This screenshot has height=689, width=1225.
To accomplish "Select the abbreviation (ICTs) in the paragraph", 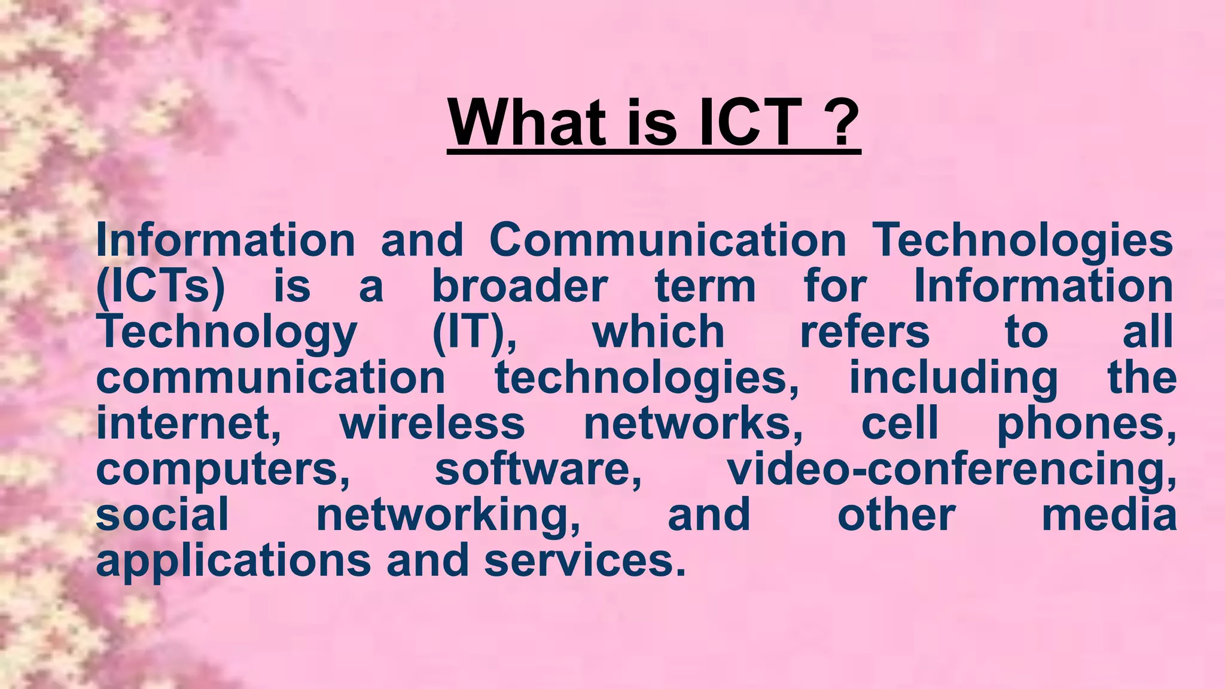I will click(x=160, y=286).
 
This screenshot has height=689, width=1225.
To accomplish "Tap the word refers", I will click(x=865, y=332).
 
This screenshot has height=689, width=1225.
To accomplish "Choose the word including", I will click(x=953, y=379).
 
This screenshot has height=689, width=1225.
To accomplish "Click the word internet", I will click(x=188, y=423).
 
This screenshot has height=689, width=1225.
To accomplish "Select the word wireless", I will click(x=432, y=423).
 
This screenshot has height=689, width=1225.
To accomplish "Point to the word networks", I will click(x=693, y=423).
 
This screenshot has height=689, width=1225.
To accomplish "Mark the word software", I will click(x=538, y=470).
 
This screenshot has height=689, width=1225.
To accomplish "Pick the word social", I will click(x=162, y=515).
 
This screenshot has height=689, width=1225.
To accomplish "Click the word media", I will click(x=1109, y=515).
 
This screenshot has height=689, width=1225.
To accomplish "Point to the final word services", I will click(x=584, y=561).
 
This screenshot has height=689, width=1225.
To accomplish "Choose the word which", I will click(x=658, y=332).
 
